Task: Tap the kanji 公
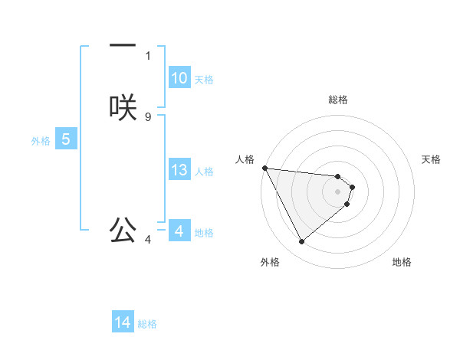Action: [x=123, y=229]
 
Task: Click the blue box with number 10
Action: [x=179, y=78]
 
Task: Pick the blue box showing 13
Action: [x=179, y=170]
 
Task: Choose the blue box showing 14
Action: [x=123, y=322]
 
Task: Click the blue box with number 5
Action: [x=66, y=139]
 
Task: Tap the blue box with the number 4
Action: [x=179, y=231]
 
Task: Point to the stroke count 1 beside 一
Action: [x=148, y=55]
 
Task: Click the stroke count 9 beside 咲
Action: [x=148, y=116]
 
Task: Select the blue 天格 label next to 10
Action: [x=204, y=79]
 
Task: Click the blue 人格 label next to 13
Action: [x=204, y=171]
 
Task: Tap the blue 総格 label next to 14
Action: [x=147, y=323]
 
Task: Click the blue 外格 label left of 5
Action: [x=41, y=140]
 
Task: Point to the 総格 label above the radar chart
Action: [x=338, y=100]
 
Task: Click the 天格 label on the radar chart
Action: [x=432, y=159]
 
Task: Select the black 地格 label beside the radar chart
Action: [x=402, y=262]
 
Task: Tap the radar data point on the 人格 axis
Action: [x=264, y=168]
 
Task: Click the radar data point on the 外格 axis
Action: [x=301, y=242]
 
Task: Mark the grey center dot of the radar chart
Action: [x=338, y=191]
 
